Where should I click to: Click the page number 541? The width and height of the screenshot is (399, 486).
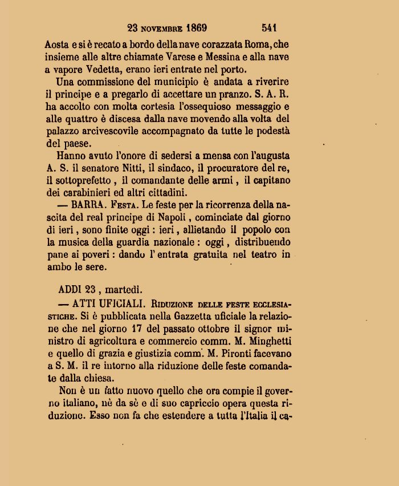(269, 27)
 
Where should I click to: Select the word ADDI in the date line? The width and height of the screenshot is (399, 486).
(70, 289)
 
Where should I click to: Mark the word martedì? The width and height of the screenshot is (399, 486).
(125, 289)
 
